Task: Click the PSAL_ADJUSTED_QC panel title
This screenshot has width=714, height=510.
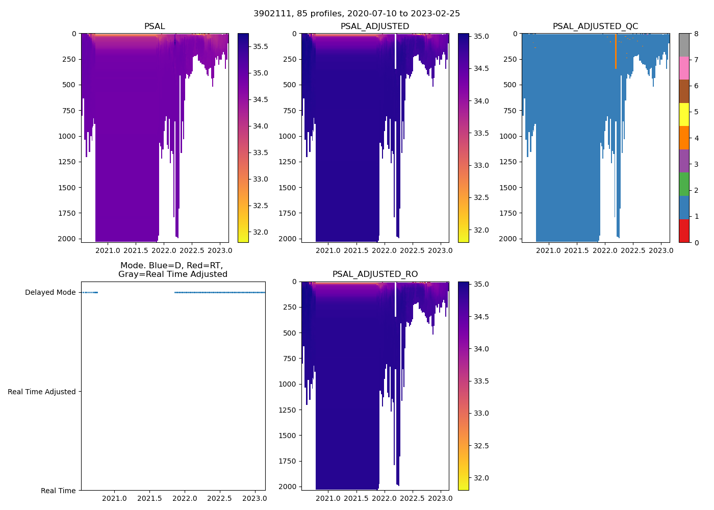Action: (x=595, y=26)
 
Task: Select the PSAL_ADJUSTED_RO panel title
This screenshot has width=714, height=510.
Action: (x=375, y=274)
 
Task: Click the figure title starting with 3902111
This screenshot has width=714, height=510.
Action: (x=356, y=13)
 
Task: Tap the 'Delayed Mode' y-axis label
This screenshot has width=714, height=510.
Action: (x=50, y=293)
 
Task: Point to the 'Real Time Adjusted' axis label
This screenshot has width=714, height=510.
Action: (x=42, y=392)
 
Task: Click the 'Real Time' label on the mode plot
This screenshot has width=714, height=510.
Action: (x=58, y=491)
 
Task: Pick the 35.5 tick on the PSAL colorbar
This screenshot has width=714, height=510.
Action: (x=261, y=47)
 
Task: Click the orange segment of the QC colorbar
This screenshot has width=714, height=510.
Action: (x=684, y=138)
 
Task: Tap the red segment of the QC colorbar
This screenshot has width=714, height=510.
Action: (x=684, y=231)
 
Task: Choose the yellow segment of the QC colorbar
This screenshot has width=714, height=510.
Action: (x=684, y=114)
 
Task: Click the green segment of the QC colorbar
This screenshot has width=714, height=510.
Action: (x=684, y=184)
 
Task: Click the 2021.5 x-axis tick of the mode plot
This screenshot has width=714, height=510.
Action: (x=149, y=498)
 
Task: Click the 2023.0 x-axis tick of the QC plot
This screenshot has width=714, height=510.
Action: (x=661, y=250)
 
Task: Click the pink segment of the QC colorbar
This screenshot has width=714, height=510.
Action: (x=684, y=68)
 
